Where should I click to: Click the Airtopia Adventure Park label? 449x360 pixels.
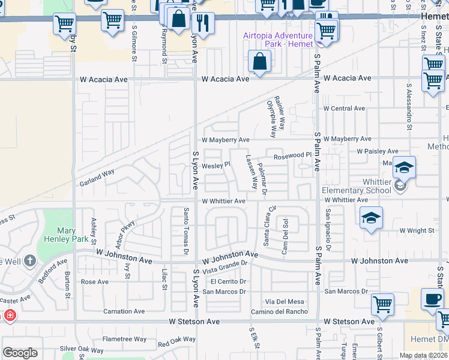coord(277,40)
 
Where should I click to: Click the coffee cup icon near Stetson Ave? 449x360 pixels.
coord(432,299)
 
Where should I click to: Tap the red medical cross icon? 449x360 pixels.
coord(10,315)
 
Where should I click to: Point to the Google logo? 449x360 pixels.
coord(20,353)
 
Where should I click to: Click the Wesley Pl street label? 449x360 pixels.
coord(216,165)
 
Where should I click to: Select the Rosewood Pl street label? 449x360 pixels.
coord(293,155)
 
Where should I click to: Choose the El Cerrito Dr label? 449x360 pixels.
coord(228,281)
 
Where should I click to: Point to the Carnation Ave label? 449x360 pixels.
coord(124,311)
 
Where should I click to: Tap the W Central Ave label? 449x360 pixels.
coord(344,109)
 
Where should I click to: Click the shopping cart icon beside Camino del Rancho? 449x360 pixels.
coord(382,304)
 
